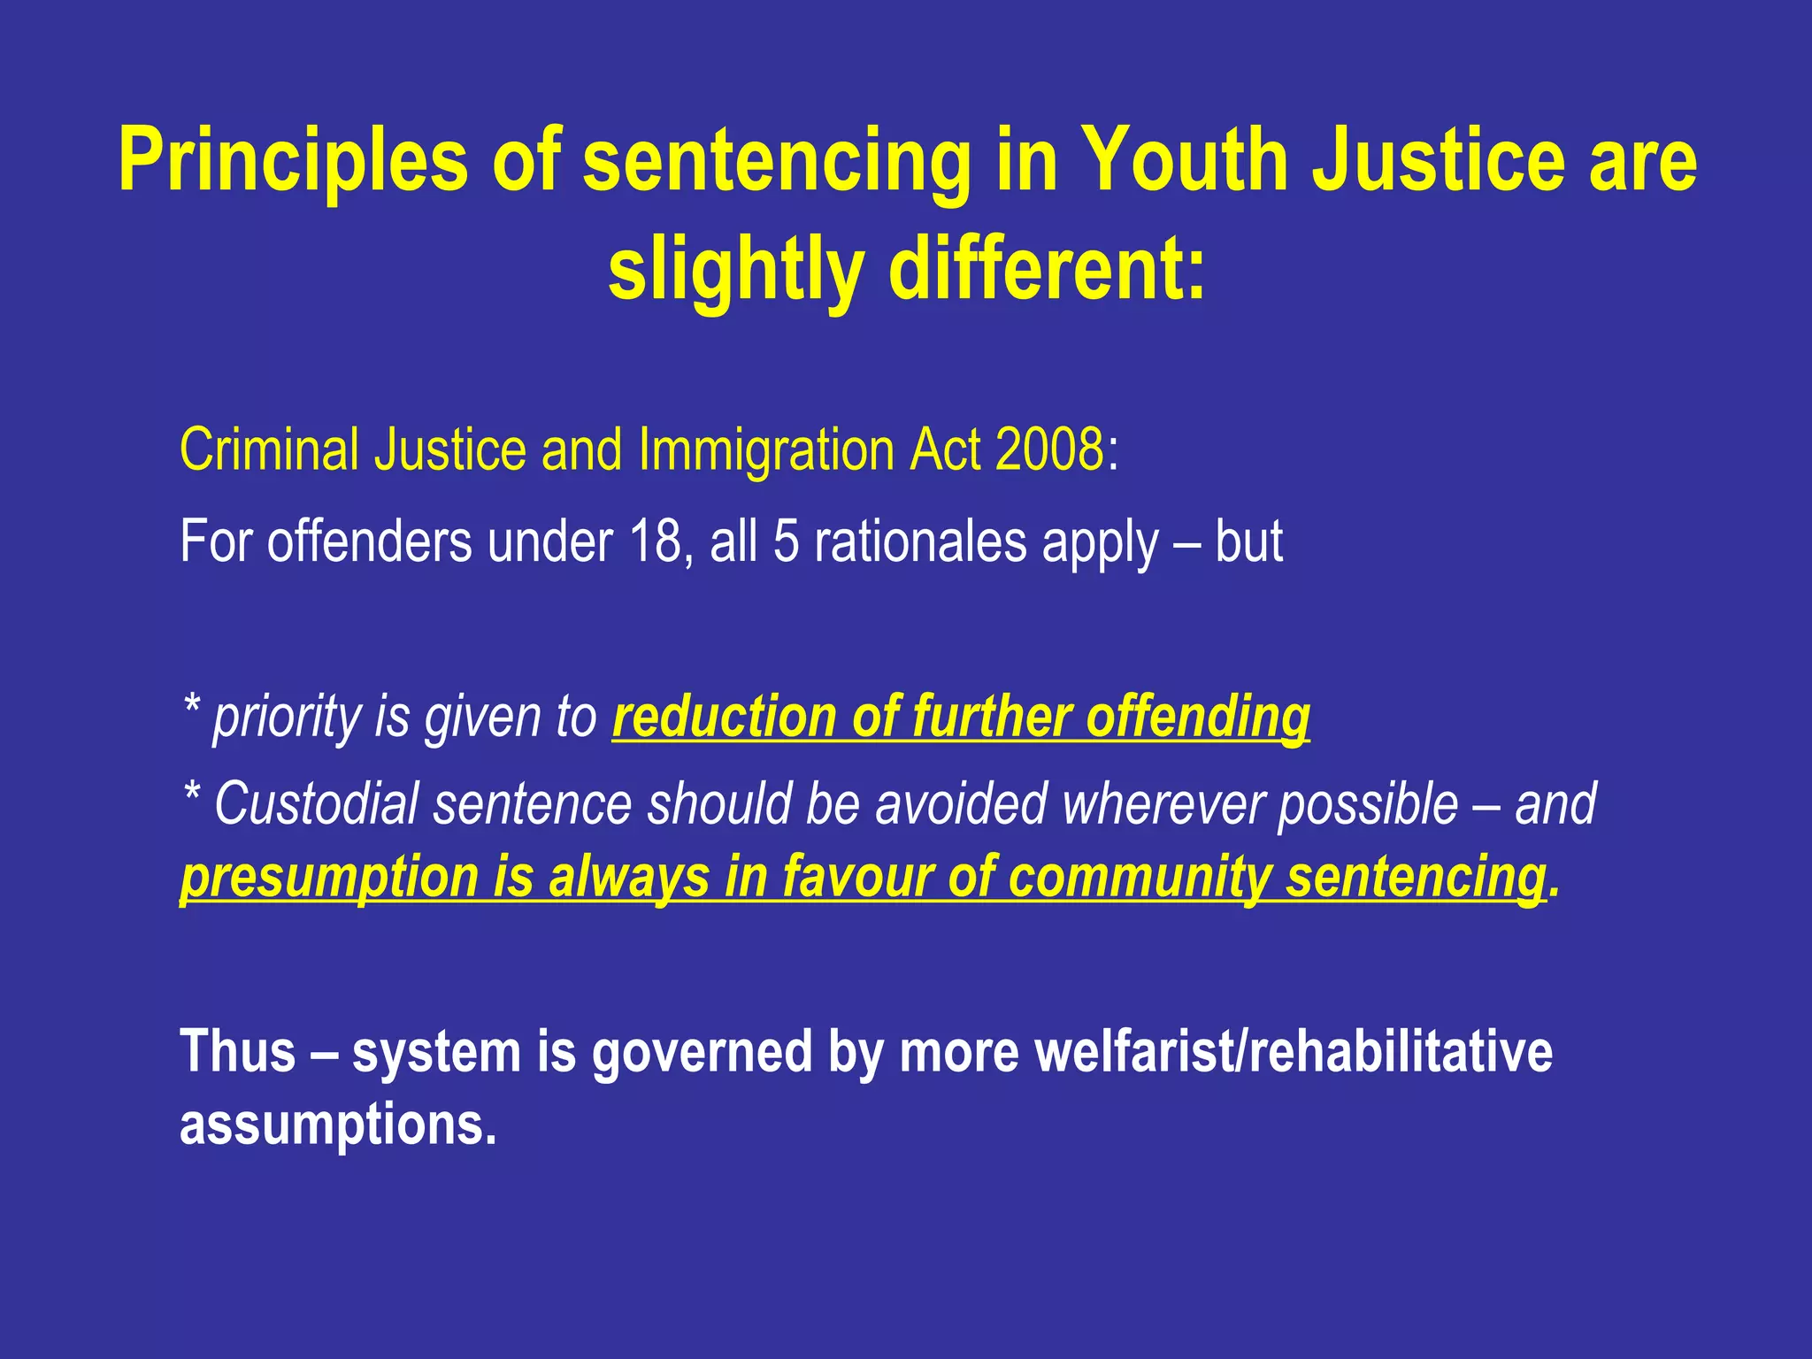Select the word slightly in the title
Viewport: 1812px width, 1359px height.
735,270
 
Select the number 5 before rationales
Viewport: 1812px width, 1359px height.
786,541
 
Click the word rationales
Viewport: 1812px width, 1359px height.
919,541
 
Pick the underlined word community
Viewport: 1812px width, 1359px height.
1140,877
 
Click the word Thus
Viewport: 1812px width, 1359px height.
237,1051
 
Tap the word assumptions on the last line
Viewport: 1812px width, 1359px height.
338,1125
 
